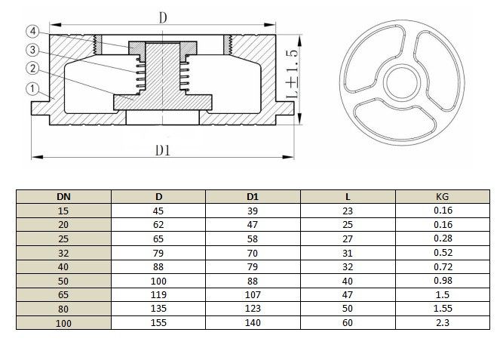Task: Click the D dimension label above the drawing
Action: [163, 16]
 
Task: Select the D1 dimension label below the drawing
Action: [163, 150]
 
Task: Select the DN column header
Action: [64, 197]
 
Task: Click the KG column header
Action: [443, 197]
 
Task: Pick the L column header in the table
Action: [348, 197]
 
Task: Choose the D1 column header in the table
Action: [253, 197]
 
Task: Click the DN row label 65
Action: [64, 295]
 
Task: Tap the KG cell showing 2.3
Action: [443, 322]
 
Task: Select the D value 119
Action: [158, 295]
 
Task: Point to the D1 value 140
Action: [253, 322]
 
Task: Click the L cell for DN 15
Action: [348, 211]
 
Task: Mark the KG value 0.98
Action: [443, 281]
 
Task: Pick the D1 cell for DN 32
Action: [253, 253]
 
